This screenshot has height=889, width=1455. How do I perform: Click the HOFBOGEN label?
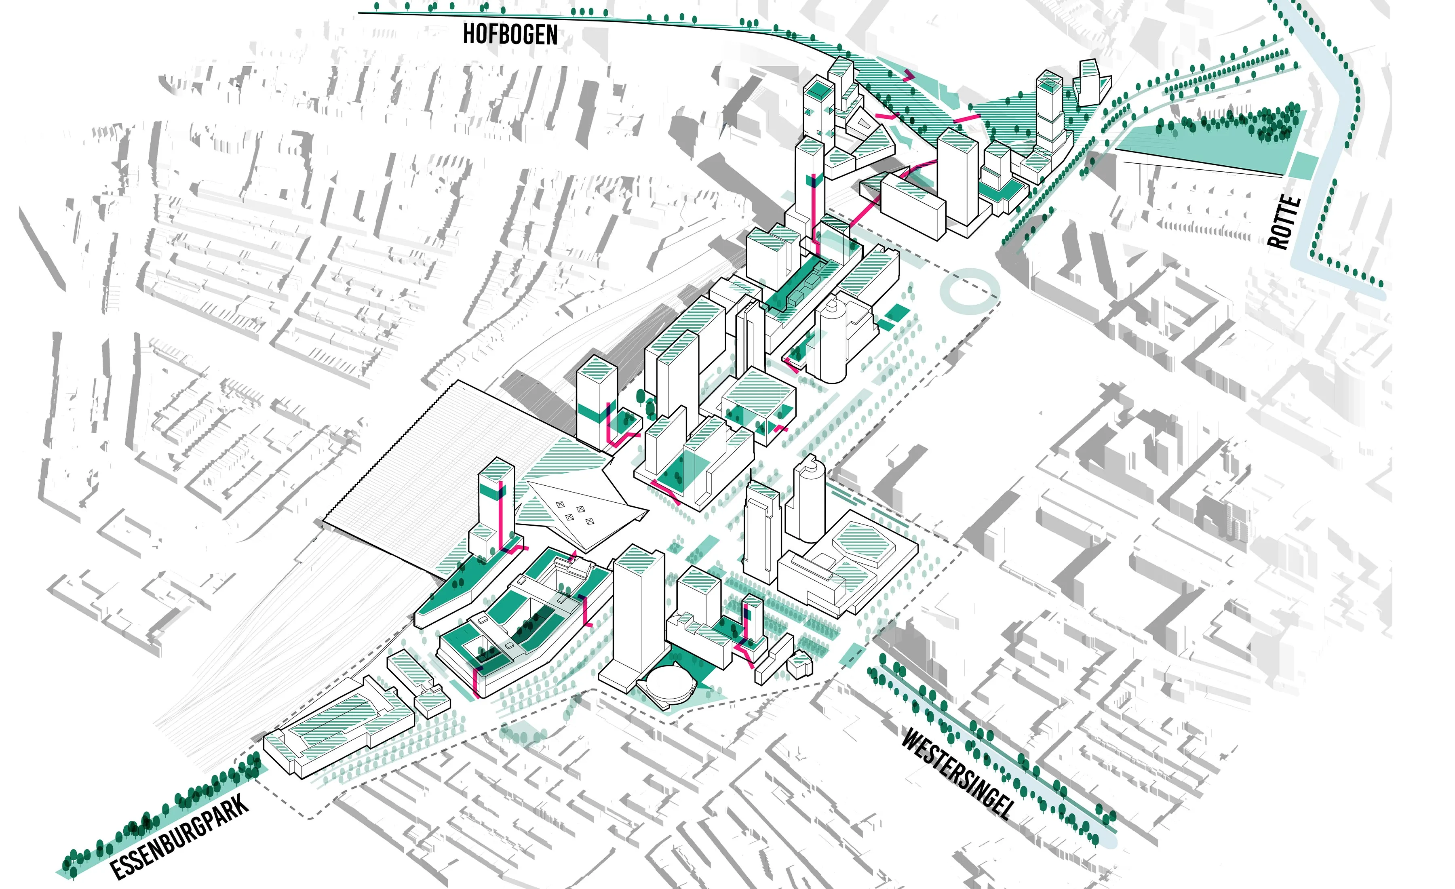510,34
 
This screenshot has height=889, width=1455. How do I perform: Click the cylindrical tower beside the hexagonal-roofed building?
807,502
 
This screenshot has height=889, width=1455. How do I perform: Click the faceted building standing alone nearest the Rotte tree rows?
1091,83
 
